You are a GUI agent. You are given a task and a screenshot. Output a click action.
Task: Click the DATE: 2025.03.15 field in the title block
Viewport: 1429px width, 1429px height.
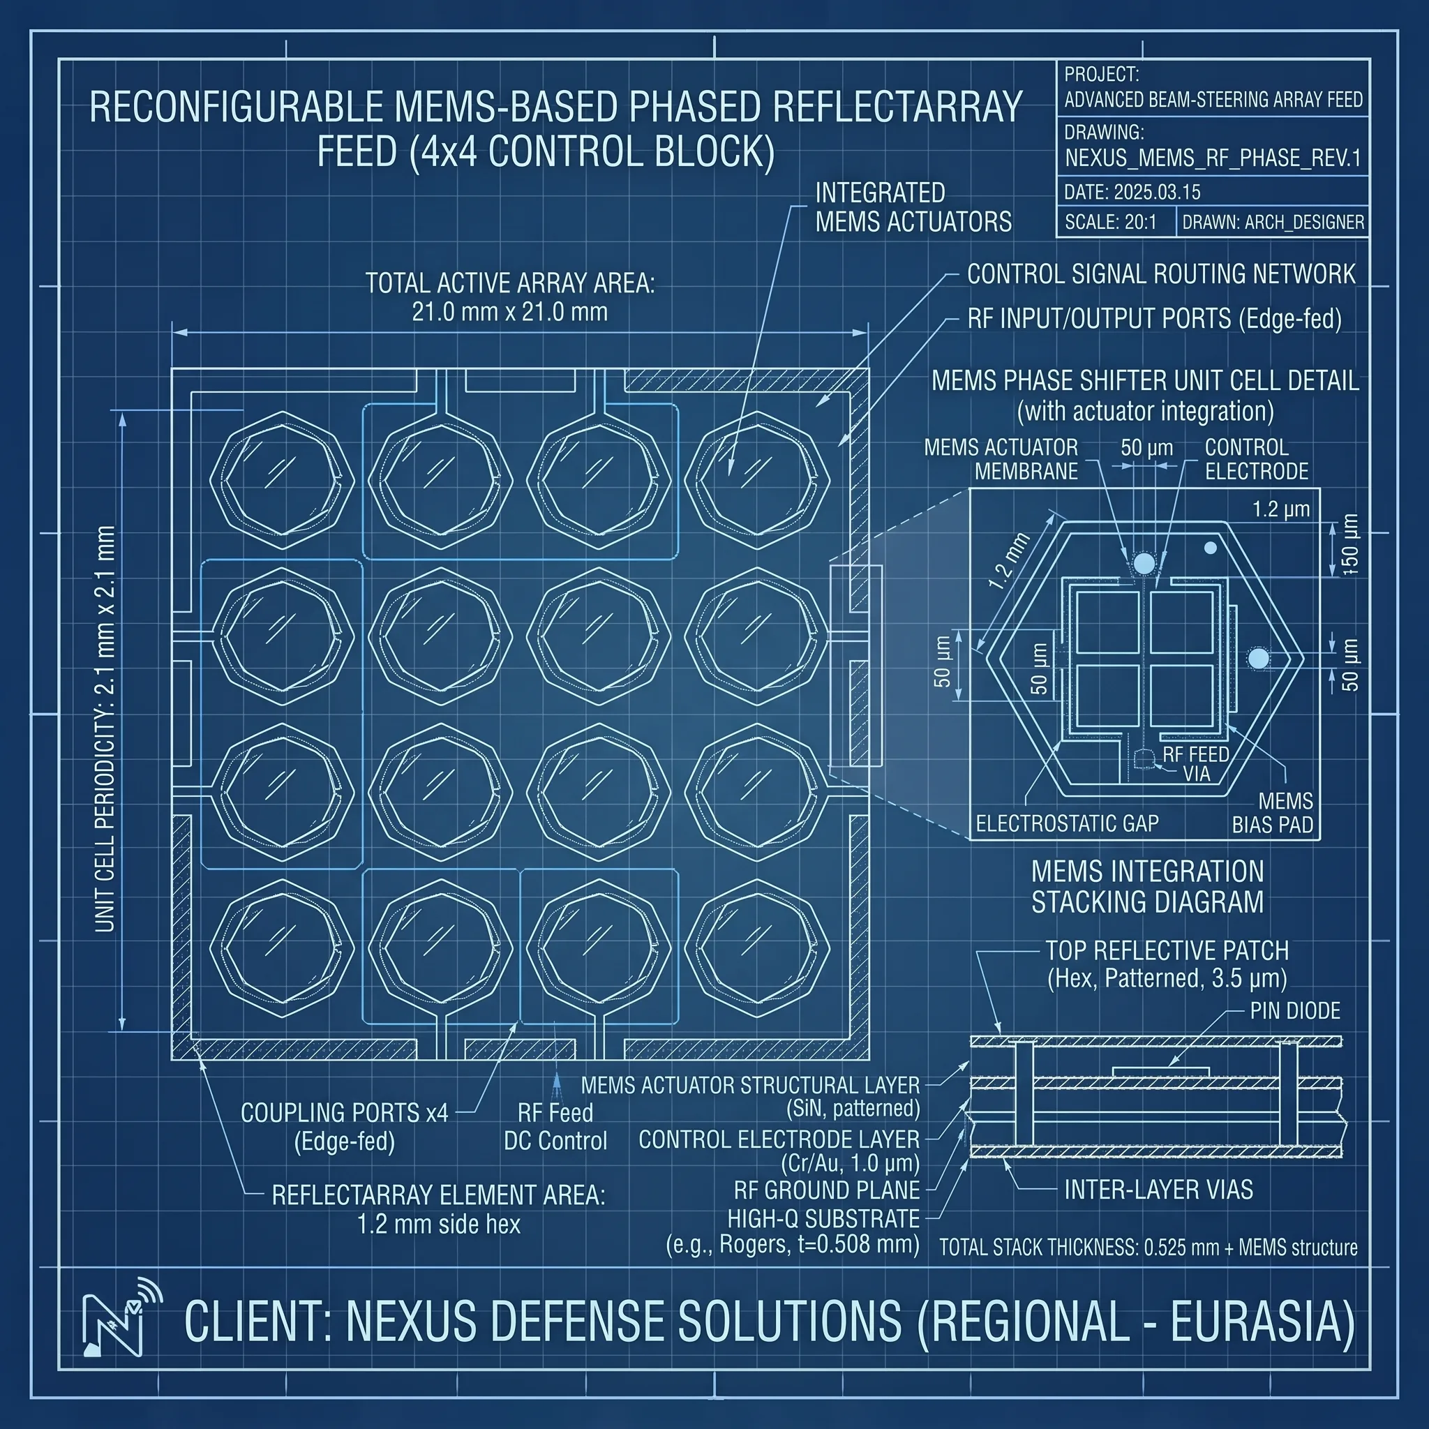pos(1132,193)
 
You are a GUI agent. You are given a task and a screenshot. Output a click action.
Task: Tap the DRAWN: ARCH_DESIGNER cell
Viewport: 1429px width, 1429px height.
pos(1273,222)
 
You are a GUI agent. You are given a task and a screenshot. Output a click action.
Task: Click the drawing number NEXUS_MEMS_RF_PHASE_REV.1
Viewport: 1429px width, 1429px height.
pos(1213,158)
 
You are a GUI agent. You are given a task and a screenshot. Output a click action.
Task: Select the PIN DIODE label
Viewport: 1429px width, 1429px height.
pos(1295,1011)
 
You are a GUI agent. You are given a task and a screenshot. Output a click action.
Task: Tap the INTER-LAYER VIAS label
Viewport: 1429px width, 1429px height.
pos(1158,1190)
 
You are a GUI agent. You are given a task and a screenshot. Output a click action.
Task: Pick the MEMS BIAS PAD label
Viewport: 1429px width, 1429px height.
pos(1272,813)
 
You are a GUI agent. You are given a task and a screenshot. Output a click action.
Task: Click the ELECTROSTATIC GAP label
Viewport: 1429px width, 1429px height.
pos(1068,823)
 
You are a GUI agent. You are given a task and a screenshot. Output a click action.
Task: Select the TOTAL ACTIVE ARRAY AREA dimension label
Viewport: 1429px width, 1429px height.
pos(509,297)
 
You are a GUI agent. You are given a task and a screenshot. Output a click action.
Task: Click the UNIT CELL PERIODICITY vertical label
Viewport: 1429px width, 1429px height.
pos(106,728)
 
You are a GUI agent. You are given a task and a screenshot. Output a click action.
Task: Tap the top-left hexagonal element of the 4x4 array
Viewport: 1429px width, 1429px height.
pos(282,480)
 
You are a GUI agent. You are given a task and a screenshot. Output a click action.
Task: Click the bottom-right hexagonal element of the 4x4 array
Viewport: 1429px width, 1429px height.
pos(757,949)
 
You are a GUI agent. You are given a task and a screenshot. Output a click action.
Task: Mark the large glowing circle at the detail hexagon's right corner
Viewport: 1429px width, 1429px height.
pos(1258,658)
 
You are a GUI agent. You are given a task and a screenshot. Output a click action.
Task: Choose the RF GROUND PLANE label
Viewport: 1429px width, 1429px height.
pos(827,1190)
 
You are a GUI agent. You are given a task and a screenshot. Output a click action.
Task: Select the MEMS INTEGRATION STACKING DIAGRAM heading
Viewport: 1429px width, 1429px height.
pos(1147,887)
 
